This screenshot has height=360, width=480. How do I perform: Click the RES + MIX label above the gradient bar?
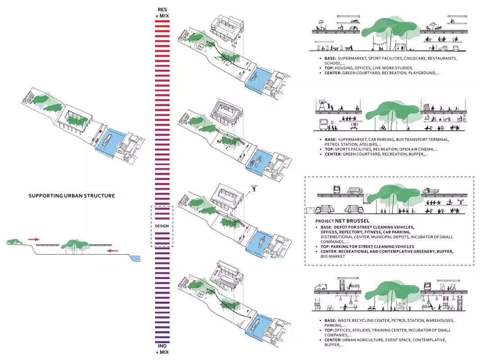[162, 13]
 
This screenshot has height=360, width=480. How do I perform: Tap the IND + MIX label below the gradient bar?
[162, 348]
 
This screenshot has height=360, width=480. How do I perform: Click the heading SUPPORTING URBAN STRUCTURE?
[72, 196]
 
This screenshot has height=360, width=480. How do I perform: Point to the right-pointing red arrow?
[33, 239]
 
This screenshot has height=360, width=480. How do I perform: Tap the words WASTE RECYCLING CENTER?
[363, 320]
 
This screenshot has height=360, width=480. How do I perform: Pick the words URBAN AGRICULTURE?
[365, 340]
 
